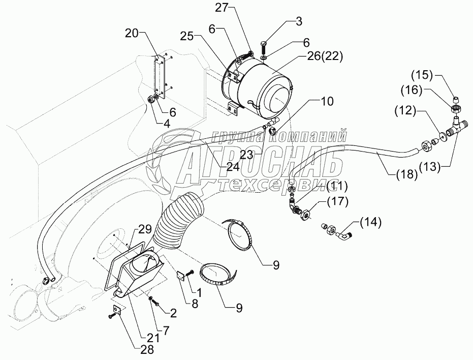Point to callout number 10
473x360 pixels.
click(x=327, y=101)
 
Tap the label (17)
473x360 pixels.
click(x=337, y=202)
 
